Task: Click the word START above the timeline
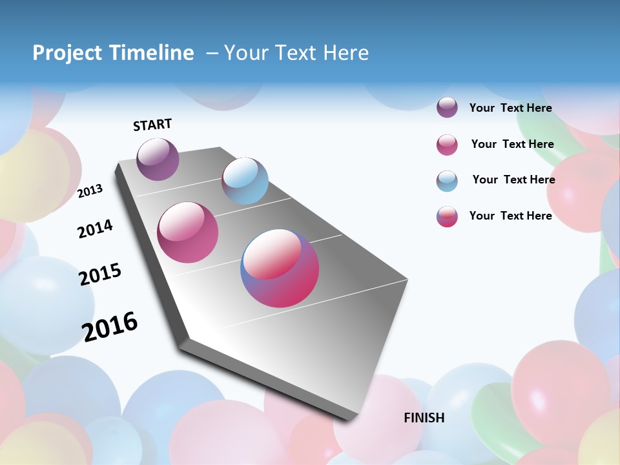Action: (x=152, y=125)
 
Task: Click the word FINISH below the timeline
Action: (x=424, y=418)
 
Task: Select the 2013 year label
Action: (x=90, y=191)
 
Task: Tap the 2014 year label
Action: (x=96, y=229)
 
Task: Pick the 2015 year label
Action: (x=100, y=274)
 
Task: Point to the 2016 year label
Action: (x=110, y=326)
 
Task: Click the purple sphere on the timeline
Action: (x=158, y=159)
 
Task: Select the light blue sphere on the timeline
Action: (x=245, y=181)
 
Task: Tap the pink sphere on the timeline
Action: (x=188, y=232)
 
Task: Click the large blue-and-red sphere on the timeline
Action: (x=280, y=268)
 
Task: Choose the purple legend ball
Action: (x=447, y=107)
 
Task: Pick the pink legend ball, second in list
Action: (x=447, y=145)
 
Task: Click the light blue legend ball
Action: (x=447, y=181)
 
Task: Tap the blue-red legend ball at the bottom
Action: (x=447, y=216)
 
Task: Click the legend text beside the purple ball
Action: (x=510, y=108)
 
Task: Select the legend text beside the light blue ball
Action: (x=513, y=180)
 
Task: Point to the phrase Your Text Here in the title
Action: (x=296, y=53)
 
